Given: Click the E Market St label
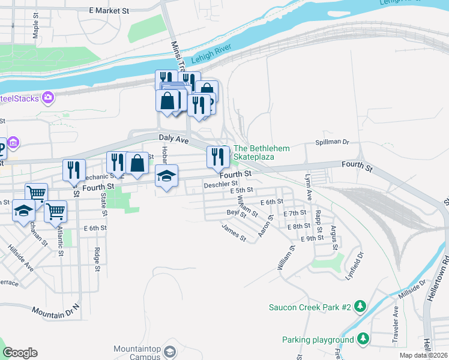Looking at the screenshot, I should tap(109, 11).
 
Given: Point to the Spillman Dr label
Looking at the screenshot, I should tap(332, 142).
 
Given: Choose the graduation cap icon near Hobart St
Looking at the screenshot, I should tap(167, 176).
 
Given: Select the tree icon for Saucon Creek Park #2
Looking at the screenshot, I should tap(360, 307).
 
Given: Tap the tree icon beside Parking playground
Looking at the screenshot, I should tap(363, 340).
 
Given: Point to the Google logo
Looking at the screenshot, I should tap(20, 353).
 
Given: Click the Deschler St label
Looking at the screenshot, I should tap(221, 184).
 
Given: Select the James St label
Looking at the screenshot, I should tap(234, 233).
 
